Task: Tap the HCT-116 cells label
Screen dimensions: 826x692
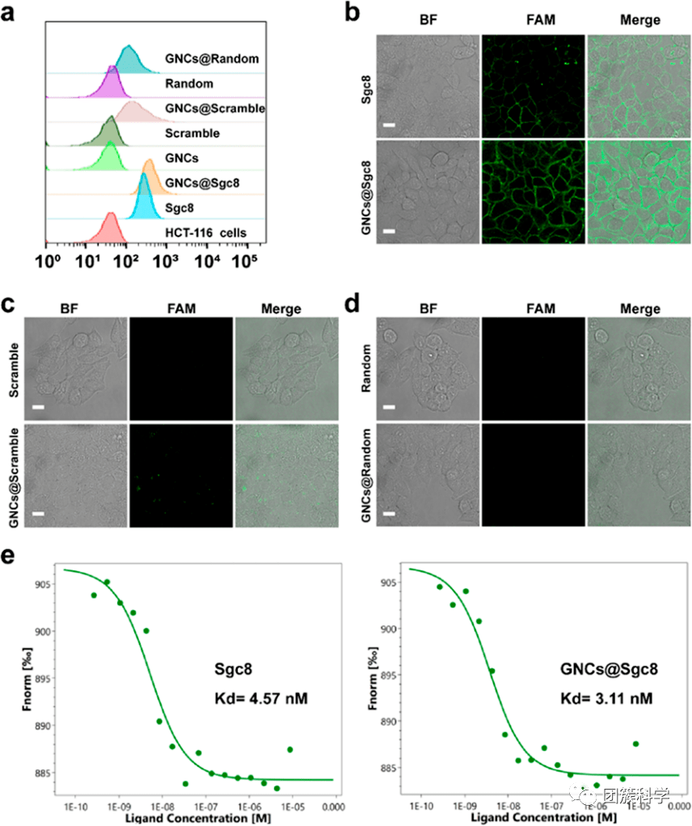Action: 205,233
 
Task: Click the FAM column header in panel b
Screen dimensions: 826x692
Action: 533,19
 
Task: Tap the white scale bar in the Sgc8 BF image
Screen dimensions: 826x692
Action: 389,126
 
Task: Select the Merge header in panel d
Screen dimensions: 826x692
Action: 640,309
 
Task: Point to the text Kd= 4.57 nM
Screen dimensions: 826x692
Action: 251,698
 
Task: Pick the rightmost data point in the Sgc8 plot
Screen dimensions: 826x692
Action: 290,749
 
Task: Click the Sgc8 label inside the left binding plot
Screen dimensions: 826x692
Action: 230,669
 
